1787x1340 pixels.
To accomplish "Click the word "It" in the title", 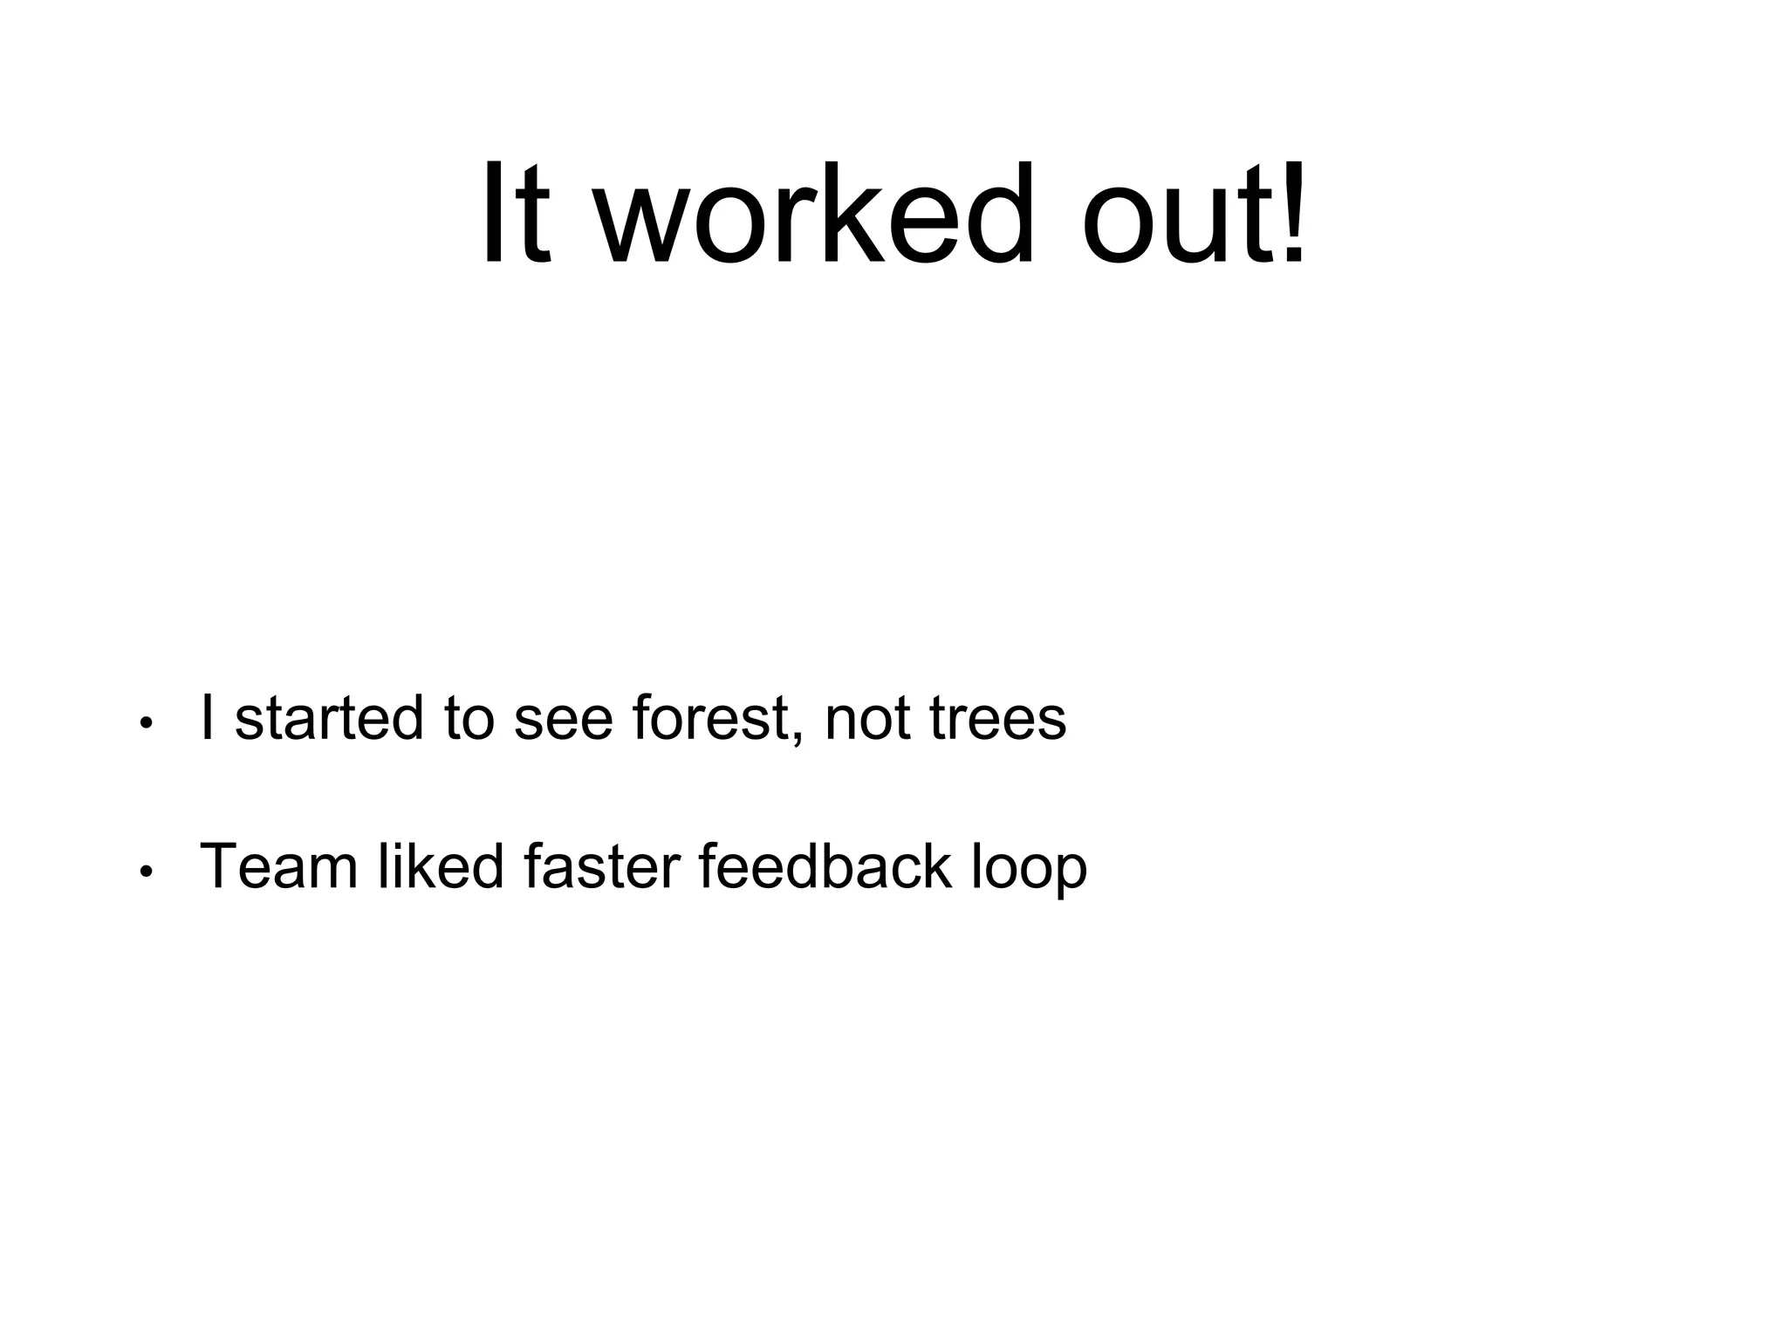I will tap(517, 214).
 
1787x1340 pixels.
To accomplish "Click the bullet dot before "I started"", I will tap(147, 723).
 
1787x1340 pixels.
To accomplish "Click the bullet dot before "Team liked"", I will tap(147, 872).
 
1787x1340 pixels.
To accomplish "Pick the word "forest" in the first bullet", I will tap(709, 719).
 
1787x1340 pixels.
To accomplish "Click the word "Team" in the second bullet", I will tap(278, 867).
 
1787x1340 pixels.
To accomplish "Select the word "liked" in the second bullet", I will tap(441, 867).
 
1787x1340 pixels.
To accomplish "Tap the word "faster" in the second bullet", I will tap(601, 867).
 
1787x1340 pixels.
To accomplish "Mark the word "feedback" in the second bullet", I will tap(825, 867).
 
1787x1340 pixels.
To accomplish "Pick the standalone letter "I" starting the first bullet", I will tap(207, 718).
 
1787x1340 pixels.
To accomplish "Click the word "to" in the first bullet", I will tap(469, 721).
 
